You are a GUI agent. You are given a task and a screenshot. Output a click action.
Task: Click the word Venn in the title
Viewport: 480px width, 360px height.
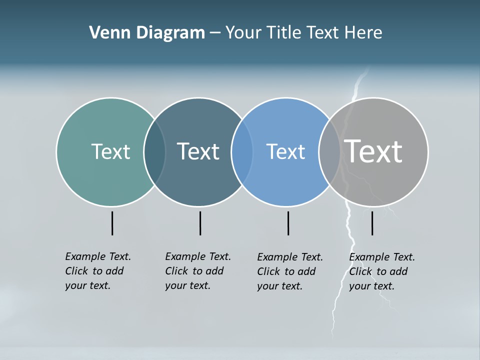point(103,33)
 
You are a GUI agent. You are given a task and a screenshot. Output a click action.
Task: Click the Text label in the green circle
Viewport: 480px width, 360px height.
point(110,151)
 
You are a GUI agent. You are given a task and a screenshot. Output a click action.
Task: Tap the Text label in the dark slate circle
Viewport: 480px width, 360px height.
point(198,151)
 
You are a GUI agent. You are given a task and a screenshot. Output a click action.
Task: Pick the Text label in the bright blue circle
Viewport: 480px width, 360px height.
point(285,151)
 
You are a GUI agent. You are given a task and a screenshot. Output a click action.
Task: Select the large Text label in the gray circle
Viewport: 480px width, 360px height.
point(373,151)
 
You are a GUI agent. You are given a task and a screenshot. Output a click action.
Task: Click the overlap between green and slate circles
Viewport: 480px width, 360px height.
point(154,152)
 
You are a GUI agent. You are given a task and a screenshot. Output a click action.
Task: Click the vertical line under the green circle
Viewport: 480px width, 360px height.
point(112,223)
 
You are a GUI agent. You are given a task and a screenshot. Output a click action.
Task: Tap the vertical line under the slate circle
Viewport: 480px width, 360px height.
point(200,223)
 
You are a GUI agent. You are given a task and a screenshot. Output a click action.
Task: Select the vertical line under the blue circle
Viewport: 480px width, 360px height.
point(288,223)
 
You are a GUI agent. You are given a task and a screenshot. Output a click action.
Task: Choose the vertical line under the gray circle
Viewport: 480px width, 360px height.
point(372,223)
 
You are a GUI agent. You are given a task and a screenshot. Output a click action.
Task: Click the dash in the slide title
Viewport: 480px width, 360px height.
point(215,33)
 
